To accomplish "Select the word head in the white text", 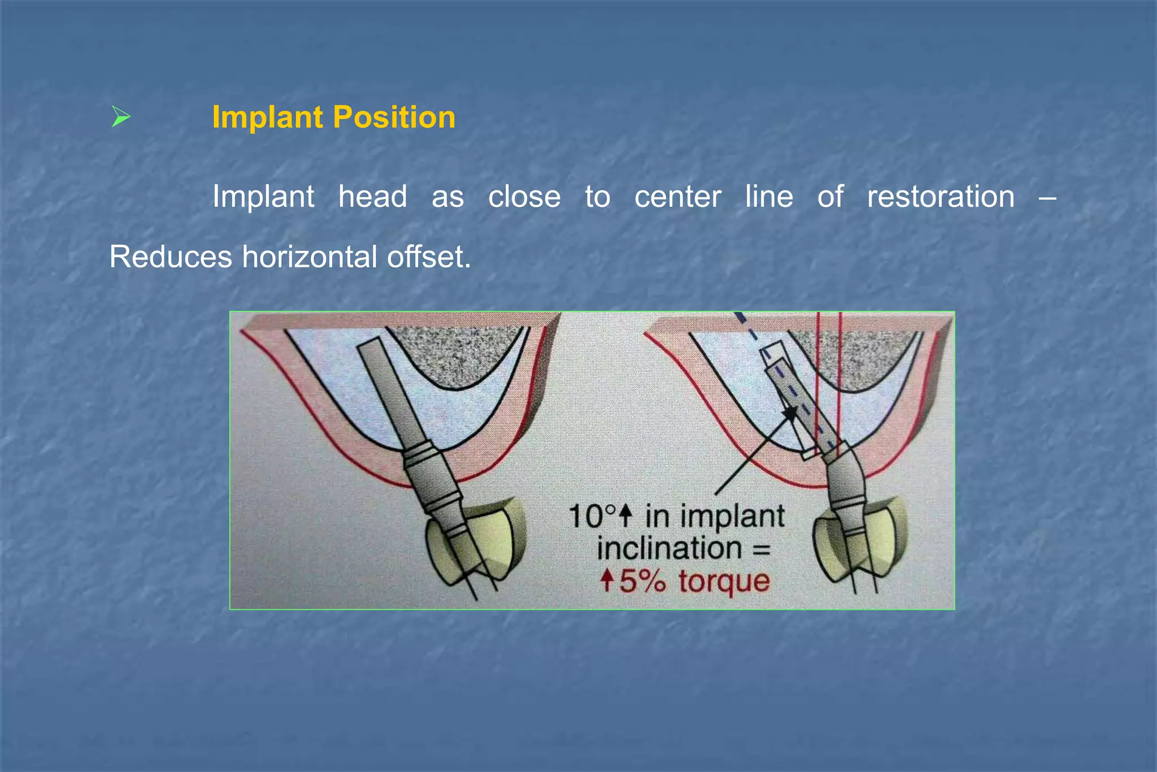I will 373,197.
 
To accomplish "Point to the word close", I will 524,197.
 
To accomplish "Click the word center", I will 678,197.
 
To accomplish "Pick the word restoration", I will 941,197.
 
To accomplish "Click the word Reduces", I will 171,257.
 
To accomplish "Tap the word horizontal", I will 310,257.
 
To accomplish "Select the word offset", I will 428,257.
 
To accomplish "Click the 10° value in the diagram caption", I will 591,516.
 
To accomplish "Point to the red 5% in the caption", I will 643,581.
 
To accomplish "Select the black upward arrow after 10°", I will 625,515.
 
